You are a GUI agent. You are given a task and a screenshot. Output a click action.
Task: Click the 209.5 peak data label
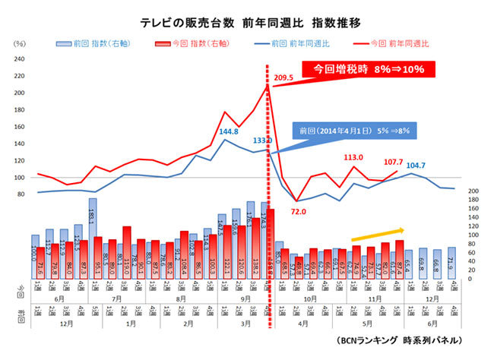(x=283, y=78)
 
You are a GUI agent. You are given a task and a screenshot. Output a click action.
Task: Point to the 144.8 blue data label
(x=230, y=131)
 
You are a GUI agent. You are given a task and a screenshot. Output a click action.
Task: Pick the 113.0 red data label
(x=355, y=157)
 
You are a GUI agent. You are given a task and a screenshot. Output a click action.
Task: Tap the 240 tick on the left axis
(x=21, y=58)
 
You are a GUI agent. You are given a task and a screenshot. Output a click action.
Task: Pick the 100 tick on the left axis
(x=21, y=178)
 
